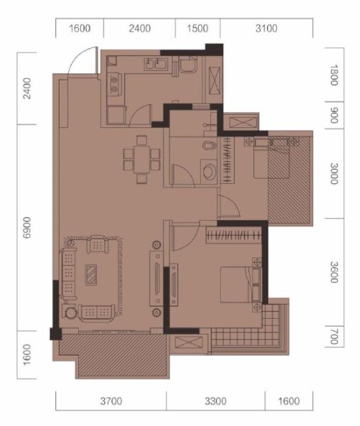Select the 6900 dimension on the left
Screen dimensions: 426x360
point(28,227)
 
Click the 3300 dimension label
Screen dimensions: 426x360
point(215,401)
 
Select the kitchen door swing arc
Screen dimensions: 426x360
point(143,112)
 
